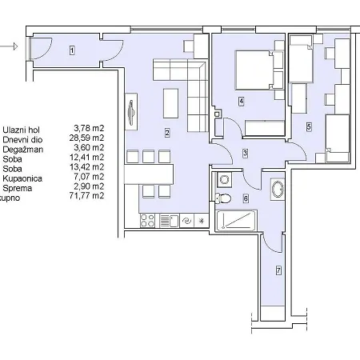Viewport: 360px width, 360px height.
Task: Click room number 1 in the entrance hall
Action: point(72,50)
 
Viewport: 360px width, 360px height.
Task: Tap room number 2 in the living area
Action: point(166,132)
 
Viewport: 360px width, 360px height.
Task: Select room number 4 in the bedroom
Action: point(240,101)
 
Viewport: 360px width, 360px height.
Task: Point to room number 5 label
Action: point(309,126)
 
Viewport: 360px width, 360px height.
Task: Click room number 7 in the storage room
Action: point(278,271)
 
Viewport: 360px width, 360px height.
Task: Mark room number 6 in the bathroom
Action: point(246,197)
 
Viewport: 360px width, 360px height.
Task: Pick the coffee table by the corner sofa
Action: point(171,102)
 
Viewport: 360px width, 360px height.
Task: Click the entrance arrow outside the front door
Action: point(11,46)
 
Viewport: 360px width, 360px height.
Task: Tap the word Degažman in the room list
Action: point(24,148)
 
